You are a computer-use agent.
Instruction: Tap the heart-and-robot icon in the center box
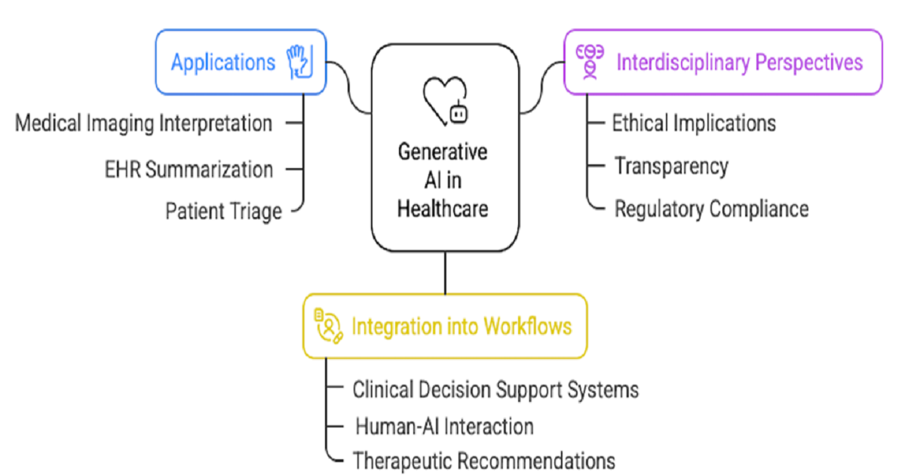445,101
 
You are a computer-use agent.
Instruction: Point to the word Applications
223,62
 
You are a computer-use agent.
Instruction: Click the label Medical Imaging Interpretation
144,123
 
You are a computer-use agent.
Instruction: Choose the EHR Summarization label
189,170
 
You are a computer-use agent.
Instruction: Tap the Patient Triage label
223,210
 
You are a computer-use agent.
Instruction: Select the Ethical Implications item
694,123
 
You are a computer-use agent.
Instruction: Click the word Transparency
671,165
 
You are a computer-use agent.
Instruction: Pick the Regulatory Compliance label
711,208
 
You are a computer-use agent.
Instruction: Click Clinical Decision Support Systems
495,389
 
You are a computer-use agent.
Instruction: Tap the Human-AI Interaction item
444,426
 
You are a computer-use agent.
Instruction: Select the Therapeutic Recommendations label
483,459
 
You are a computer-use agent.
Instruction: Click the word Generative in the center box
443,152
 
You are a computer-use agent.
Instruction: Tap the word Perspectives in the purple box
818,62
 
